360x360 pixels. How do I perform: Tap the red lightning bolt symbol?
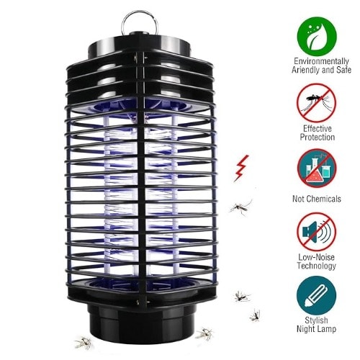[x=241, y=168]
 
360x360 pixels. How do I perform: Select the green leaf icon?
[x=317, y=36]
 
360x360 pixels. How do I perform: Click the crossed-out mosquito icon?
[x=316, y=102]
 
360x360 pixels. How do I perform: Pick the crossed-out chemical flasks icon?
[x=317, y=168]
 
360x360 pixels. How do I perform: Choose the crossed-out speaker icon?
[x=316, y=232]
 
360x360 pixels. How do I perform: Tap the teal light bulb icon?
[x=316, y=295]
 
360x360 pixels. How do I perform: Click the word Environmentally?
[x=321, y=61]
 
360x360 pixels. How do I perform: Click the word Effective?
[x=318, y=129]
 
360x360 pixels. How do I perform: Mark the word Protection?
[x=318, y=138]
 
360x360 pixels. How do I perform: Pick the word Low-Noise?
[x=316, y=257]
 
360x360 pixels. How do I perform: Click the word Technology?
[x=316, y=266]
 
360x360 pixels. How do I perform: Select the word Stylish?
[x=316, y=320]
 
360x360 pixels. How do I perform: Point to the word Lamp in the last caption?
[x=327, y=329]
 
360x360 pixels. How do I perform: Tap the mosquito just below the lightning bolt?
[x=240, y=207]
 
